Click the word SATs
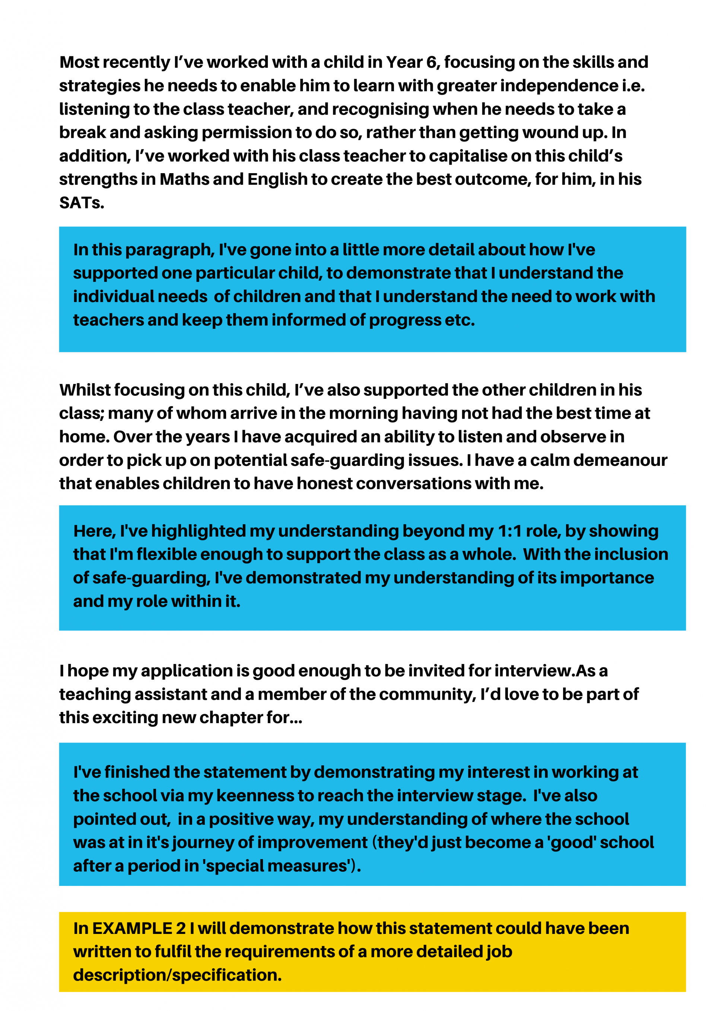82,203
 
